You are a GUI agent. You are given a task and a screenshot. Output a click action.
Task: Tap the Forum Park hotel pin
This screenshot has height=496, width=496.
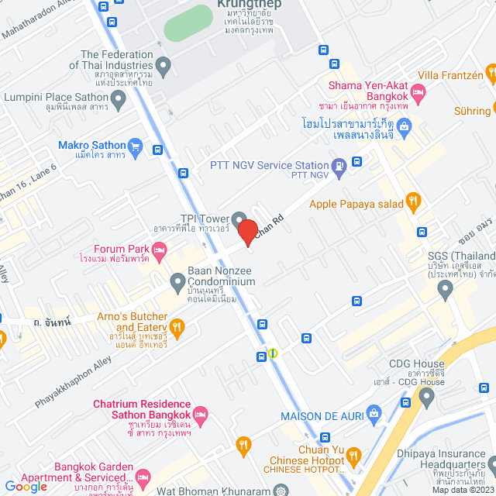click(x=159, y=249)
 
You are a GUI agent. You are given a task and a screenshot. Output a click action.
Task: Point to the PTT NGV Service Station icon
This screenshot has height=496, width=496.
click(x=339, y=164)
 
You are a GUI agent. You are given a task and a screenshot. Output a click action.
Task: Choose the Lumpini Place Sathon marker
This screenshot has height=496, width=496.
click(x=119, y=98)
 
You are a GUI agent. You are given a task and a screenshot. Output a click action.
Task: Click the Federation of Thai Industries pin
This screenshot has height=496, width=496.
click(x=163, y=64)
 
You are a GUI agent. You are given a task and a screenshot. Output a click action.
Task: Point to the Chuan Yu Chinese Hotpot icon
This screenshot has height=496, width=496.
click(x=354, y=456)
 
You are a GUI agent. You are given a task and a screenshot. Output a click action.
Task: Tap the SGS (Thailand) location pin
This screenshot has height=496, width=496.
click(x=445, y=289)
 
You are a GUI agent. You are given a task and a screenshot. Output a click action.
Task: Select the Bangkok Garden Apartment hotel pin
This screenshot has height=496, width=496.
click(x=143, y=475)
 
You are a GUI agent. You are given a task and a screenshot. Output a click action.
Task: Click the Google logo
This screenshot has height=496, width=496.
click(x=26, y=486)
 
